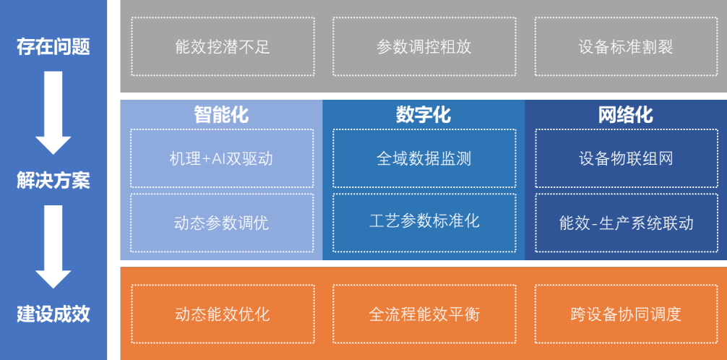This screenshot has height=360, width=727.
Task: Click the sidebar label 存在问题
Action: (x=53, y=47)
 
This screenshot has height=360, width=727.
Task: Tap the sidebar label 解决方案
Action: (x=53, y=181)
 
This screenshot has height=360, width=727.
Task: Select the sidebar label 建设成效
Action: (x=53, y=314)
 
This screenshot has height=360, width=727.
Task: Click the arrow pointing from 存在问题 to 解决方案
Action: (x=53, y=113)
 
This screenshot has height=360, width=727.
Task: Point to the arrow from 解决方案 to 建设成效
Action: (x=53, y=247)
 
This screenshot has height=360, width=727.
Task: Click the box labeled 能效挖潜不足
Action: (x=223, y=46)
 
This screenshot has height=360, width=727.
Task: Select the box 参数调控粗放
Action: (x=424, y=46)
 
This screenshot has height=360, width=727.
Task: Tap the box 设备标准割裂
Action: (x=626, y=46)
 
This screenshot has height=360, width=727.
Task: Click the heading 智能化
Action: (x=222, y=115)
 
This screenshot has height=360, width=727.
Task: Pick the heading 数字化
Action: (x=423, y=115)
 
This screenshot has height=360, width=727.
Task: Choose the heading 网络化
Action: (x=626, y=115)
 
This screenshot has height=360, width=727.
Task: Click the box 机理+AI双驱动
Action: (x=222, y=158)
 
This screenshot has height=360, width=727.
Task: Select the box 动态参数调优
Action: (x=222, y=223)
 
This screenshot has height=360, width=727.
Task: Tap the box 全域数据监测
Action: (x=424, y=158)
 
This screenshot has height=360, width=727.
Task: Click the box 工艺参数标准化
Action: (x=424, y=223)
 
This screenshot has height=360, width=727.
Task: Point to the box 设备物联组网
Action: (x=627, y=158)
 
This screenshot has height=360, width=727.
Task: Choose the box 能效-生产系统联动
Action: (x=627, y=223)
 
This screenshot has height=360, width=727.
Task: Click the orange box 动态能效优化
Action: (x=223, y=314)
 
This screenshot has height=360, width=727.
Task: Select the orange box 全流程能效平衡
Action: (x=424, y=314)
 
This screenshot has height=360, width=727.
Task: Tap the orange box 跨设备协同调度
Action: (x=626, y=314)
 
